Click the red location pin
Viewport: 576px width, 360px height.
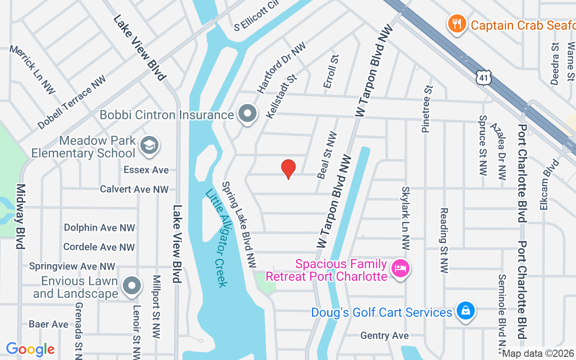tap(288, 169)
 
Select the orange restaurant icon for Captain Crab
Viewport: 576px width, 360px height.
tap(457, 23)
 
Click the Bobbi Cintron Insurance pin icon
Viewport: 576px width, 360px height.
tap(247, 114)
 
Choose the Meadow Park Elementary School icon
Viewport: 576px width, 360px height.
tap(149, 145)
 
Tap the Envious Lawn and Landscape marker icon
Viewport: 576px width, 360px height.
tap(132, 286)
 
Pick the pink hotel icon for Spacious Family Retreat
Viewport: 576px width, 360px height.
tap(400, 270)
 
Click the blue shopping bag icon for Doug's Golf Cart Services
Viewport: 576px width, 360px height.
tap(465, 311)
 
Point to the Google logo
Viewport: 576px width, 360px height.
tap(30, 349)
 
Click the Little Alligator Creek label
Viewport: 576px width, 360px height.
tap(217, 238)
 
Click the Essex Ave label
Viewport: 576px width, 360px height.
tap(146, 170)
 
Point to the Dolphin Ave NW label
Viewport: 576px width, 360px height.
tap(99, 228)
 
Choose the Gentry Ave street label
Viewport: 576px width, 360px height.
tap(384, 336)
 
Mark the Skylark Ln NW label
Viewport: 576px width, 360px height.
tap(405, 218)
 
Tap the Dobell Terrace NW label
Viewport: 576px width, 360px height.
tap(72, 102)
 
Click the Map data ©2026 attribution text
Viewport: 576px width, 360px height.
tap(538, 354)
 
